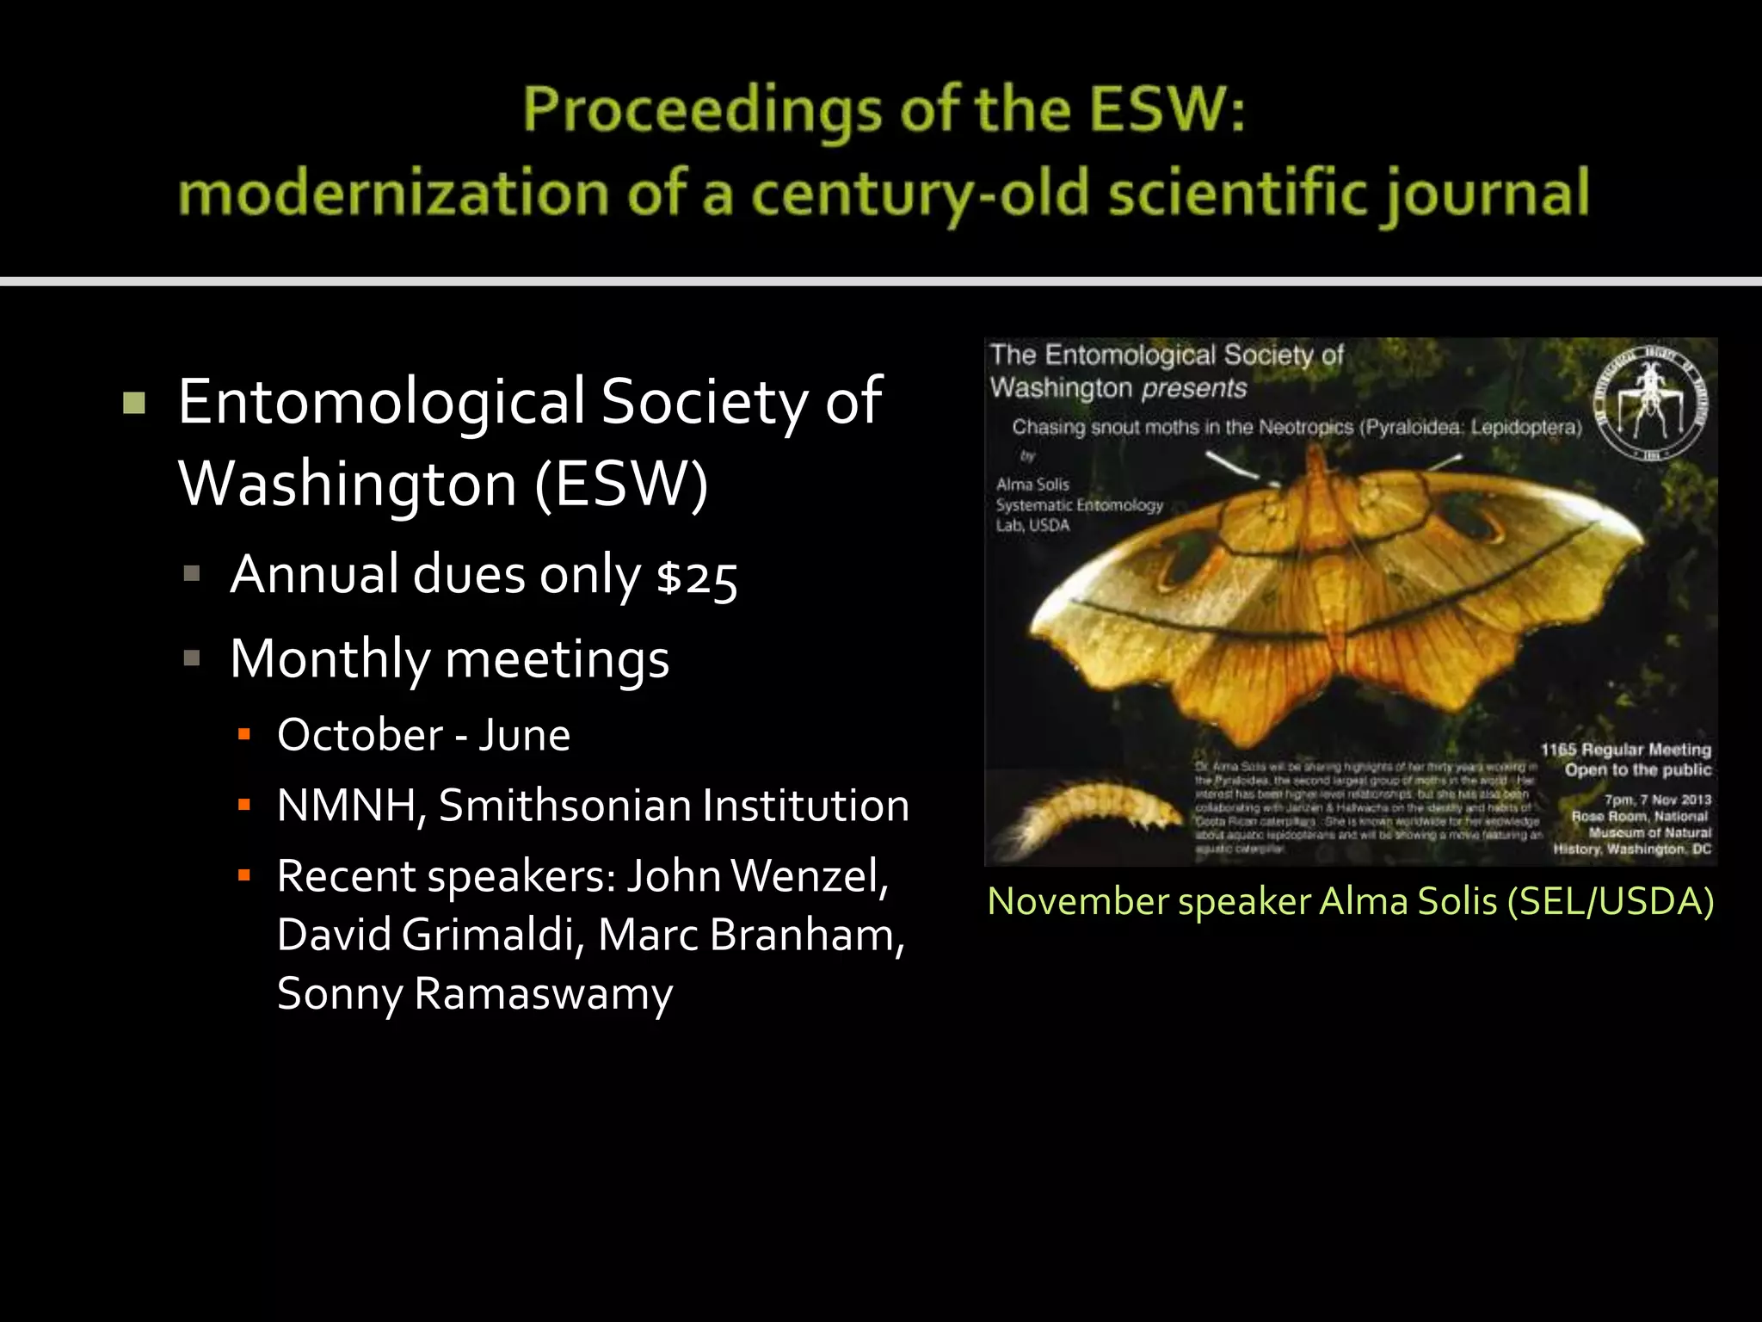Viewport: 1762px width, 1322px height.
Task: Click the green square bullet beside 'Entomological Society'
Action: point(134,403)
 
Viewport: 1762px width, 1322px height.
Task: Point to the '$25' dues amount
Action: point(697,578)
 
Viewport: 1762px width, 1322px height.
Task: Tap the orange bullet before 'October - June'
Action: point(244,735)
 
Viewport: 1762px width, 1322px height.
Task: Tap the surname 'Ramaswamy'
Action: point(543,994)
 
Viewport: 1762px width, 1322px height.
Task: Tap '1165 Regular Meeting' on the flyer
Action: point(1625,750)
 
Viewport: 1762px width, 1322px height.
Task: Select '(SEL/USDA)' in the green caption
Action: point(1611,901)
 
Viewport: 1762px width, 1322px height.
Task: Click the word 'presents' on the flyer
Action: point(1194,388)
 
